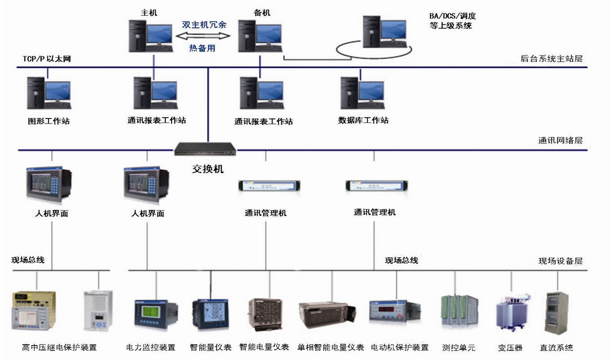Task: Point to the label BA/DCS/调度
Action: click(x=452, y=17)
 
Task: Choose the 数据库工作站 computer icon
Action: click(x=362, y=93)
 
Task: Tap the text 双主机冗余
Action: click(x=204, y=25)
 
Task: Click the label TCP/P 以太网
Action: click(x=47, y=59)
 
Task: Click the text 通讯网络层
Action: click(x=560, y=140)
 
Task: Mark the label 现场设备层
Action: click(x=560, y=261)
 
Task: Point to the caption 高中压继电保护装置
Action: click(x=59, y=347)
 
